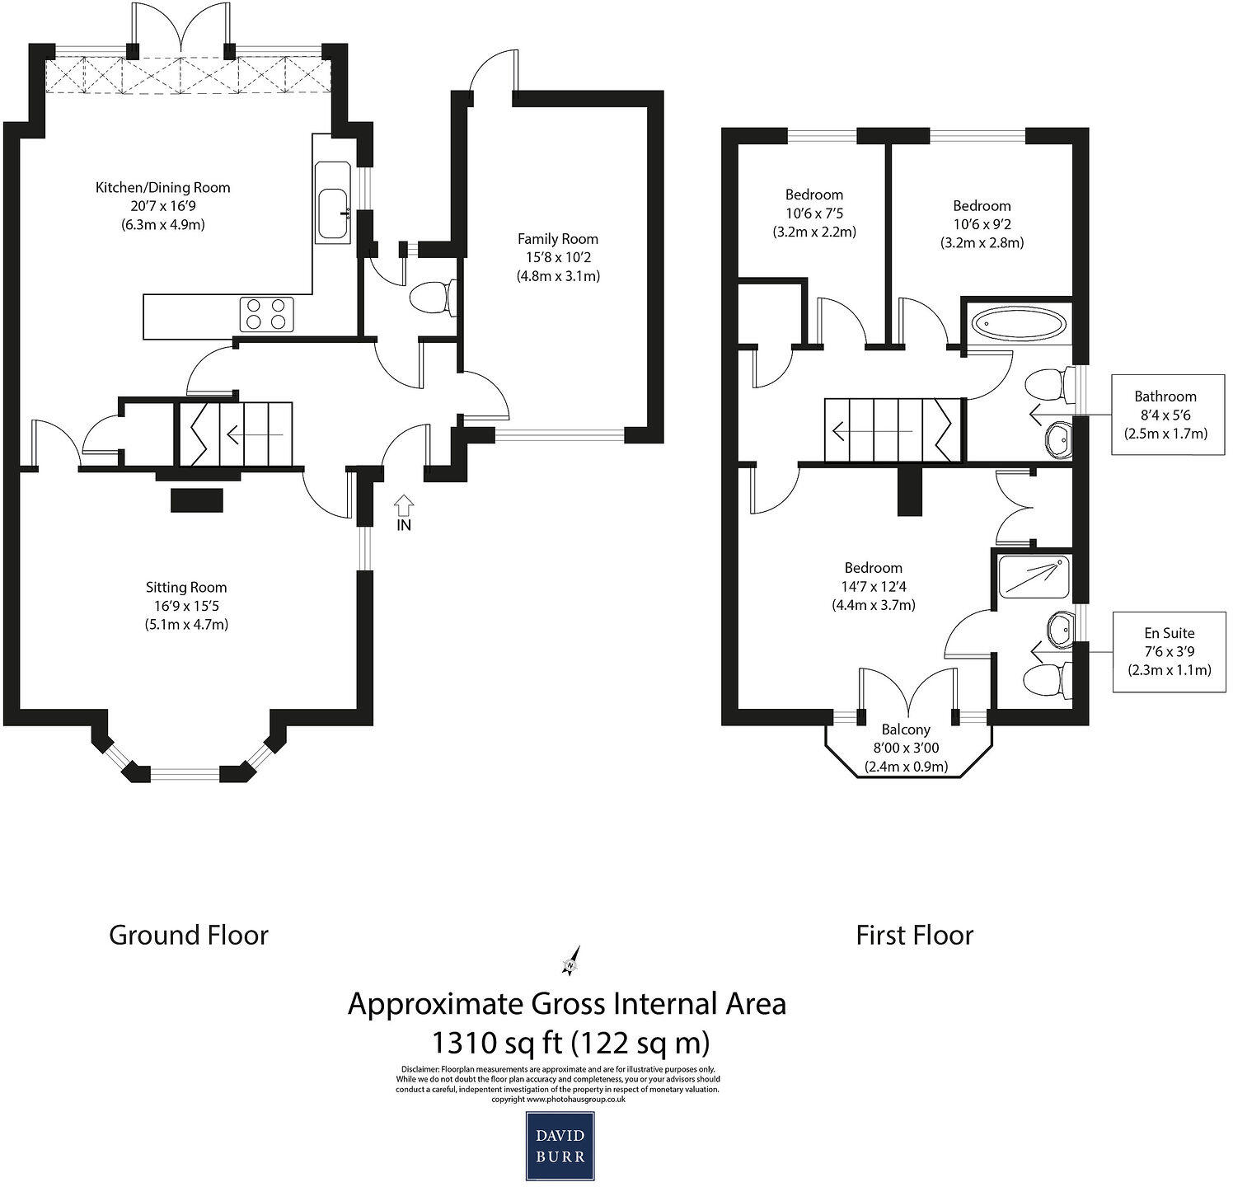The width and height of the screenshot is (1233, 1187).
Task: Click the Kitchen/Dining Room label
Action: click(x=163, y=205)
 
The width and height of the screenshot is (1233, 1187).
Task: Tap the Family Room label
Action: click(x=558, y=257)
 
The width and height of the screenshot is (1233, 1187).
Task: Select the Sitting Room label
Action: click(x=186, y=606)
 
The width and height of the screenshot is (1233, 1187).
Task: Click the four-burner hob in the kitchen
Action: click(x=267, y=313)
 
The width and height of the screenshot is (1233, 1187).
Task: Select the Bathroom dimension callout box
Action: click(x=1165, y=415)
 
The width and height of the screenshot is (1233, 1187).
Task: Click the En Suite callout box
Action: click(x=1169, y=651)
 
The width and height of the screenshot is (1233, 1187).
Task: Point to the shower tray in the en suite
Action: click(x=1034, y=577)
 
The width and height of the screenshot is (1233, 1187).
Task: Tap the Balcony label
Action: click(x=906, y=748)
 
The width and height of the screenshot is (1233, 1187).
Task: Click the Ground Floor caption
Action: click(x=189, y=935)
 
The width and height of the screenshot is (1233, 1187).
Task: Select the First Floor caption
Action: click(x=915, y=935)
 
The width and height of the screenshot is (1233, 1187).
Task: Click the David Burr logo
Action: click(x=560, y=1146)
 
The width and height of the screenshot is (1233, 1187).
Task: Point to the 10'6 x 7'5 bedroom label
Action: click(x=814, y=213)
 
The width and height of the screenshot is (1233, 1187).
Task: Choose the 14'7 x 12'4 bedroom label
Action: click(x=874, y=586)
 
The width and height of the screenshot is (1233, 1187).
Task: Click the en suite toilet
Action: click(x=1048, y=680)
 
